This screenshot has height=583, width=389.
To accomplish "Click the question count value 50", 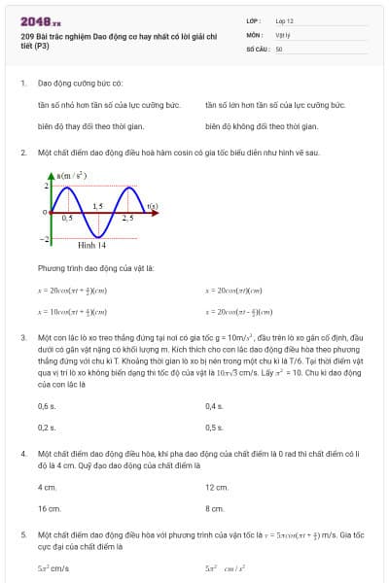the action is point(279,48).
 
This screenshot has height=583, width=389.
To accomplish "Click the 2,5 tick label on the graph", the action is point(127,219).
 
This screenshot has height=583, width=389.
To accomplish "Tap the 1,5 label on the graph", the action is point(97,207).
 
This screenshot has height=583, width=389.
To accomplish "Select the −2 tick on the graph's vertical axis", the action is point(43,238).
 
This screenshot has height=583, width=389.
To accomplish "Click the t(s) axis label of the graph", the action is point(152,206).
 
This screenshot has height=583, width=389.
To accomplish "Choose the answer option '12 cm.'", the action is point(216,487).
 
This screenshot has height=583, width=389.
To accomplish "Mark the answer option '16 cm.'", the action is point(49,508).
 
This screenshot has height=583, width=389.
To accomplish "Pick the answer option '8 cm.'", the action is point(214,508).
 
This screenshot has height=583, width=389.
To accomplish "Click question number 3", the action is point(22,337).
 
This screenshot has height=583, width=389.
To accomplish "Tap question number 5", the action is point(22,534).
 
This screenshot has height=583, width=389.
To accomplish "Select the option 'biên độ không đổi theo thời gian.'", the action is point(262,125).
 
